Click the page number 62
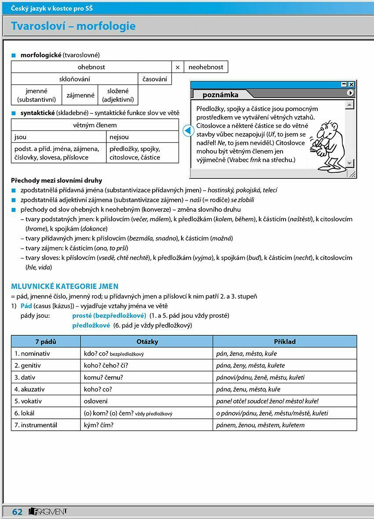coord(17,512)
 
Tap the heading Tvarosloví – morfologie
coord(73,26)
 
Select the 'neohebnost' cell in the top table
coord(206,67)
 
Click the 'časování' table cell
coord(155,79)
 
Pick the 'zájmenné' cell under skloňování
coord(80,95)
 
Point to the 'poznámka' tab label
coord(220,94)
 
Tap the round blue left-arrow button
coord(188,131)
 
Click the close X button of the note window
coord(351,84)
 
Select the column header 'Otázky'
coord(147,341)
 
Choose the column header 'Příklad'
coord(285,341)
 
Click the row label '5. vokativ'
coord(30,401)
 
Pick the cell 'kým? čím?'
coord(98,425)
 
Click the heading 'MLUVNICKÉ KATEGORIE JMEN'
coord(65,287)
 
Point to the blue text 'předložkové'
coord(91,326)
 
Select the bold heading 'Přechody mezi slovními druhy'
coord(56,180)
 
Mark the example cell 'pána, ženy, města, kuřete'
coord(251,366)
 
